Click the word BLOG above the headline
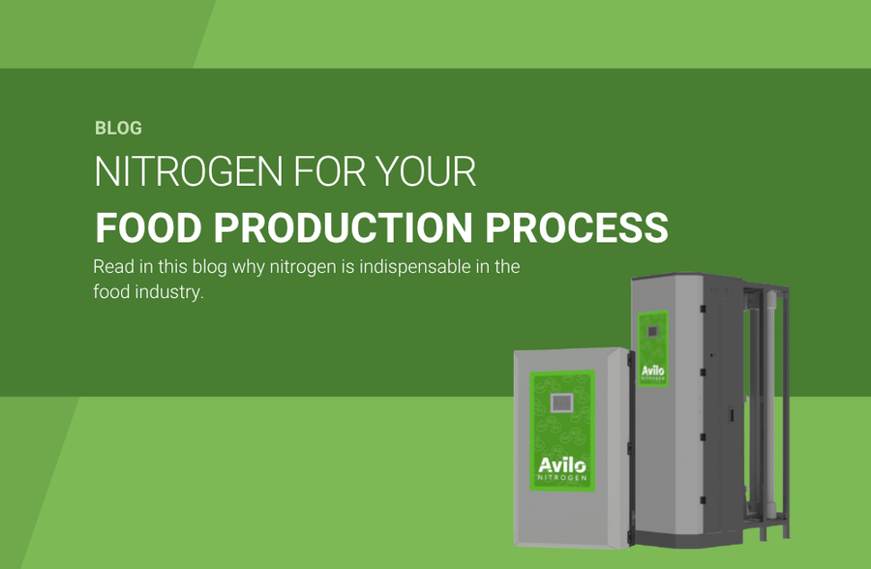(x=118, y=129)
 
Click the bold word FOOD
(x=148, y=227)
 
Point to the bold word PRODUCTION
(x=344, y=227)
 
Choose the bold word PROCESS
(x=577, y=227)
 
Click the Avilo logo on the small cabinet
(x=562, y=465)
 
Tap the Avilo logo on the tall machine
(x=652, y=371)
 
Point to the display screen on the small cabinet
(x=561, y=403)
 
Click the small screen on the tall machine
(x=652, y=332)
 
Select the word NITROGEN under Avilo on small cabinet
(x=562, y=477)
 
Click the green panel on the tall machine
(x=652, y=348)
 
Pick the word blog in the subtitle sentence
(x=209, y=267)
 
